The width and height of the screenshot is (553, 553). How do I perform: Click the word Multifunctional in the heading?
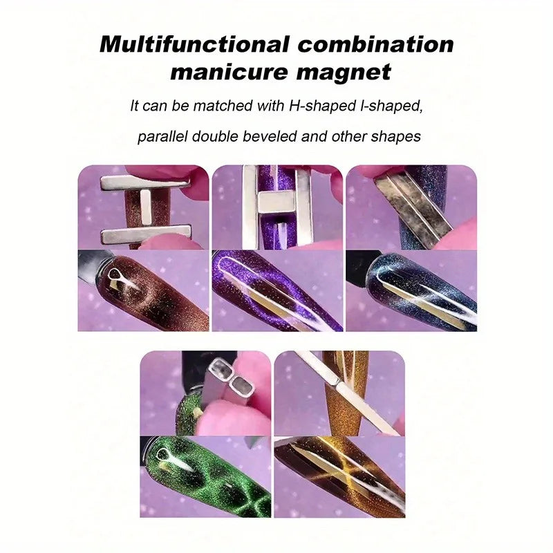click(194, 44)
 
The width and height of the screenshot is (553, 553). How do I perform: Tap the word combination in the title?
click(375, 44)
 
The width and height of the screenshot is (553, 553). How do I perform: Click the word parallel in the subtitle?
click(162, 136)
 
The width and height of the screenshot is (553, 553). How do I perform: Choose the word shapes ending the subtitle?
click(395, 136)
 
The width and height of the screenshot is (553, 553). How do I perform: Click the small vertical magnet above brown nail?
click(146, 207)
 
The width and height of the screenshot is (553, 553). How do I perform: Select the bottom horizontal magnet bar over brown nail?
click(146, 234)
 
